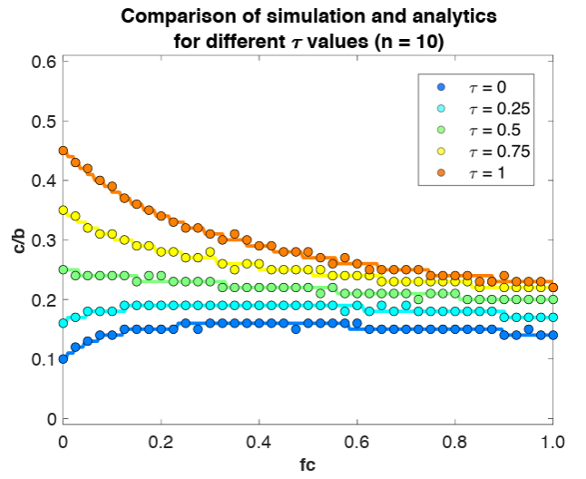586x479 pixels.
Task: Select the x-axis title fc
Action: point(308,466)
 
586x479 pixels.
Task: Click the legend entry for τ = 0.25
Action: point(481,108)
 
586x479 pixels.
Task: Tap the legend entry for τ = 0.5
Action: point(477,129)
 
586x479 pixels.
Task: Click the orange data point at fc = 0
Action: point(63,151)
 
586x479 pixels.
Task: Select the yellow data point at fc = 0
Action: point(63,210)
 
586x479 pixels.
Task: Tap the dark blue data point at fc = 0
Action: point(63,359)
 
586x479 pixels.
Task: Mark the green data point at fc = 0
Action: point(63,269)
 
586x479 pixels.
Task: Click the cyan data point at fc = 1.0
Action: point(553,318)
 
